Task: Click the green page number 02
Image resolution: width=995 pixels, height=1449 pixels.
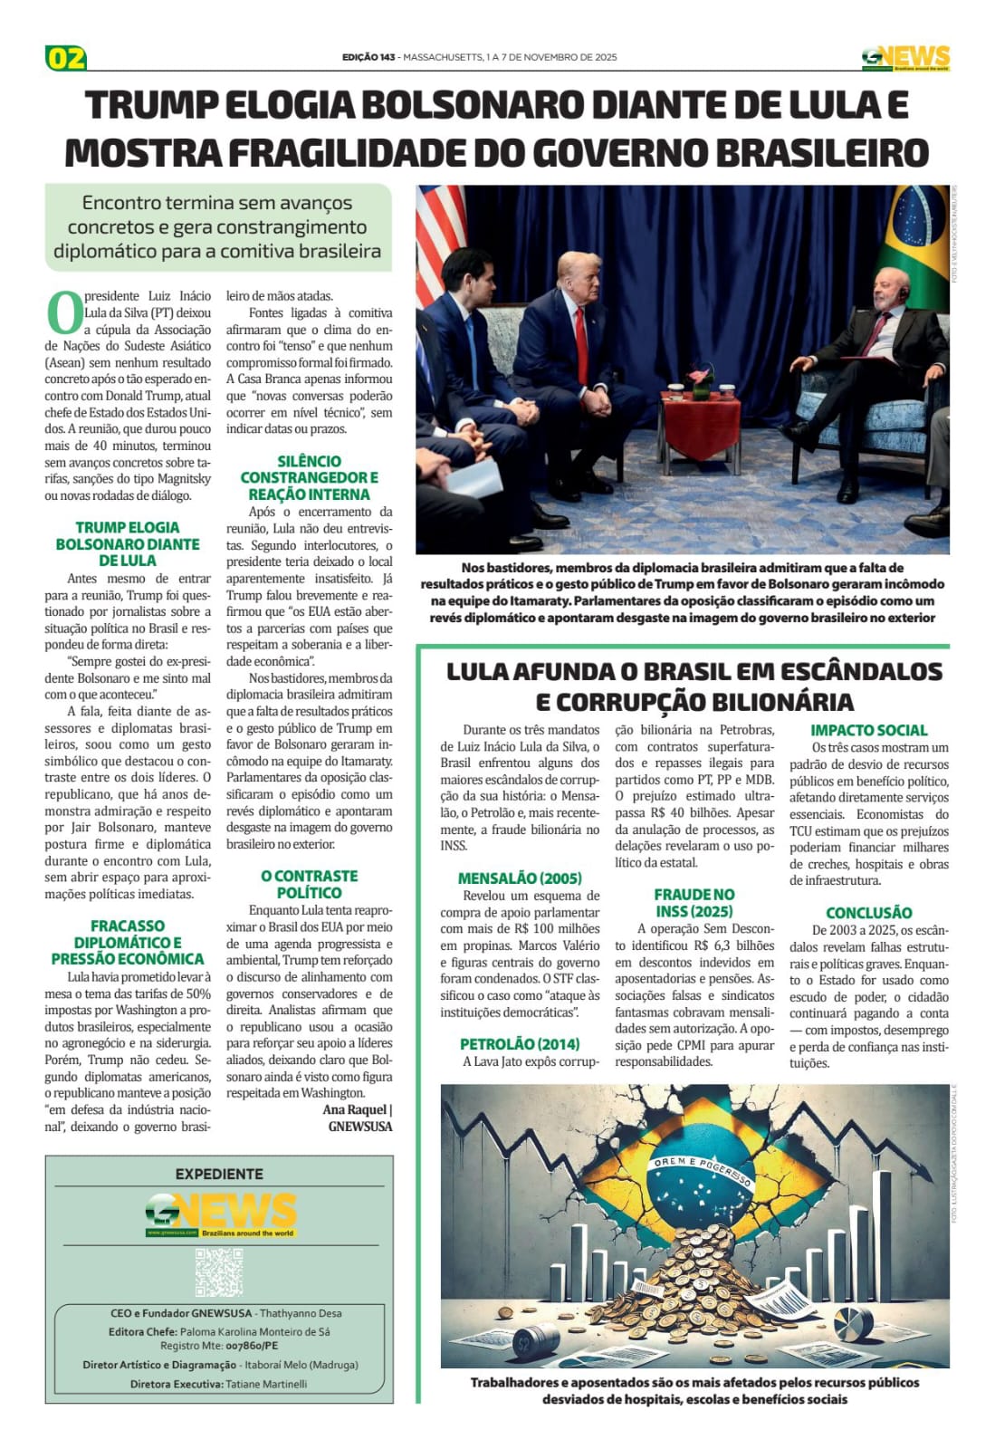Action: (65, 58)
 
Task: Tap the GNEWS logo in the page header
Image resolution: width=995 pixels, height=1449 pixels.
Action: (904, 58)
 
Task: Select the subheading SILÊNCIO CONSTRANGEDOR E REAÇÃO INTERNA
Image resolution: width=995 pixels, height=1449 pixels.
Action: (309, 477)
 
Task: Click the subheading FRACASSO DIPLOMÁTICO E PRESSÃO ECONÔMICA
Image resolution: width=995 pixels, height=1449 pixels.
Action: (128, 942)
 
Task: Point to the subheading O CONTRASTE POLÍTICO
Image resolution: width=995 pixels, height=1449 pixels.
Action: (309, 884)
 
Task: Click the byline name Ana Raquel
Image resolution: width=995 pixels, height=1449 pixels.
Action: (355, 1109)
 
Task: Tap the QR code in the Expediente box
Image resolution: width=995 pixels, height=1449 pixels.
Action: (219, 1271)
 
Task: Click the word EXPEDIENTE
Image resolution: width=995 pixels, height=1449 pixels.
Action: (219, 1174)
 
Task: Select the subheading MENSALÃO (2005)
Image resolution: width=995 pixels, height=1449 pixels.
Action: (520, 878)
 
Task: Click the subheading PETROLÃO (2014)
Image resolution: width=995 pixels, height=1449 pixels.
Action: (520, 1044)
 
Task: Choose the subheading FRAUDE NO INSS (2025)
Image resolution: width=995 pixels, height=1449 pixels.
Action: (694, 903)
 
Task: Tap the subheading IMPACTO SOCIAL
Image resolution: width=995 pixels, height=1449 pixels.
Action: (868, 730)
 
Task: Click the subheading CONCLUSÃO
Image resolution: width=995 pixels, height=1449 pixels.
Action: (868, 913)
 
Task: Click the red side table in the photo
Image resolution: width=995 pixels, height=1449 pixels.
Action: (699, 421)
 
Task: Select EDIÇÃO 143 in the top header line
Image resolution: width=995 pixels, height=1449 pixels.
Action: (368, 57)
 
